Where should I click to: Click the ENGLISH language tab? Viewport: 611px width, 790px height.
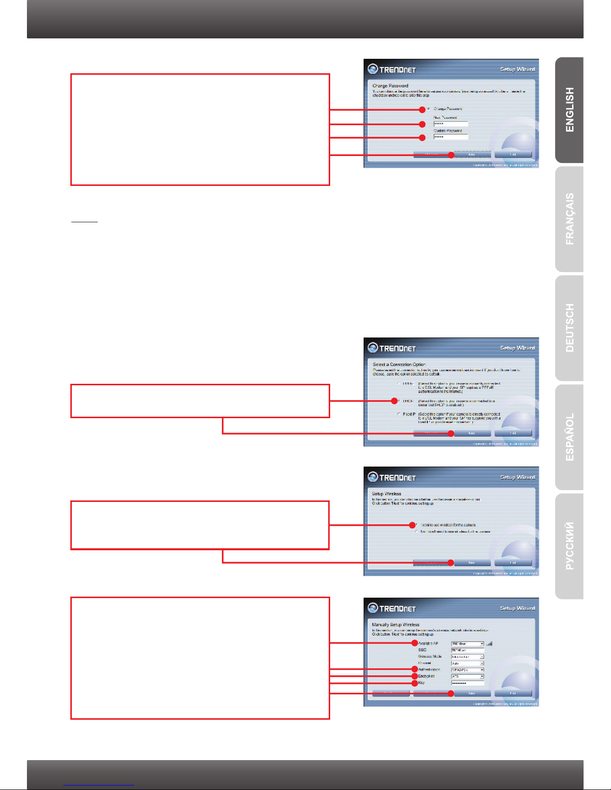coord(569,110)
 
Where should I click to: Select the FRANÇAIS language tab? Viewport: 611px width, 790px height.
coord(569,219)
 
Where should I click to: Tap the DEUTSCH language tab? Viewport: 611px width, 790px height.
coord(569,328)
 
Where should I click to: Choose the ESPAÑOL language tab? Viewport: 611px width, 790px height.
coord(569,437)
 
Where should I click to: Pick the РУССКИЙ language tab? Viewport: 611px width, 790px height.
coord(569,546)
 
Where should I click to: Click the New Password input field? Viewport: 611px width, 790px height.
coord(450,124)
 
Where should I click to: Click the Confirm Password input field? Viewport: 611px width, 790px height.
coord(450,137)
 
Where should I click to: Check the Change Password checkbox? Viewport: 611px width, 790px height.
coord(428,109)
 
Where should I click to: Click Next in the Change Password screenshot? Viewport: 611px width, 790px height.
coord(472,155)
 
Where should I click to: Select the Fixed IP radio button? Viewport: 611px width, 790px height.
coord(399,414)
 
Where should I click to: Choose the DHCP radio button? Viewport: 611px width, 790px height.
coord(399,401)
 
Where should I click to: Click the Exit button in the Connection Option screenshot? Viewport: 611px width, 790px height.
coord(513,433)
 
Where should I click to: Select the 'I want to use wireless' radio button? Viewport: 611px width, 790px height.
coord(417,525)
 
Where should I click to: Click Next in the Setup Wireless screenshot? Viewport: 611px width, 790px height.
coord(472,563)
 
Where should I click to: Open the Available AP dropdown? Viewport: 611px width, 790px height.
coord(467,644)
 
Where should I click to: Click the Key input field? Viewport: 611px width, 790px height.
coord(467,683)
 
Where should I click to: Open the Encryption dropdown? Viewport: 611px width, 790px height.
coord(467,676)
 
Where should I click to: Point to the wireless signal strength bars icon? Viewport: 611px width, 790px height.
coord(489,643)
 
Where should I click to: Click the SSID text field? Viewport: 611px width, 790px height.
coord(467,650)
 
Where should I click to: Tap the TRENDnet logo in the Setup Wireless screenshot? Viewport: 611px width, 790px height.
coord(392,477)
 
